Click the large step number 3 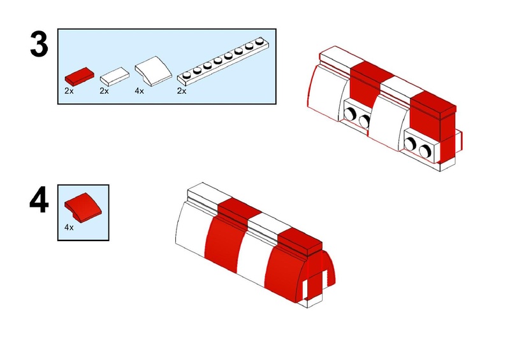39,45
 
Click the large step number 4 39,200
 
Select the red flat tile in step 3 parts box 79,76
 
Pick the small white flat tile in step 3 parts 115,76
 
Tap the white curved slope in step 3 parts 153,71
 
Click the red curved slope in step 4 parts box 83,205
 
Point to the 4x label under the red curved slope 69,228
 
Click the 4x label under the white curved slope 139,91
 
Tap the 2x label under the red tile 69,91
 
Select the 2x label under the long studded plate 182,91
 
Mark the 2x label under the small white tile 104,91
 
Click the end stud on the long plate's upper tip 259,41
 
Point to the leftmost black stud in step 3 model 350,114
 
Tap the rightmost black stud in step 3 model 425,151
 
